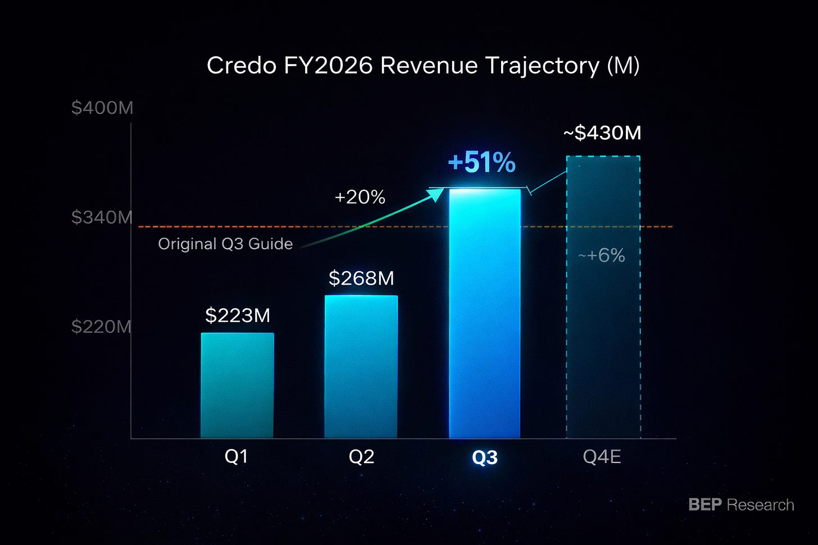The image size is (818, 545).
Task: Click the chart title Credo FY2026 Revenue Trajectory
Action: [423, 66]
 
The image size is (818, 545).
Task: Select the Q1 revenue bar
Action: [237, 385]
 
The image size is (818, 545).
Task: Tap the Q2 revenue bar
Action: [361, 367]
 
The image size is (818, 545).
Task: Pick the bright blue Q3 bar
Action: [485, 313]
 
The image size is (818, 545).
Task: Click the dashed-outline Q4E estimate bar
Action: [603, 297]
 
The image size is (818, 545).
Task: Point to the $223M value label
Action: [237, 315]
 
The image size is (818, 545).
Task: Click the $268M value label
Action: [361, 278]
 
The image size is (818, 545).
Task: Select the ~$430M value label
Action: [602, 132]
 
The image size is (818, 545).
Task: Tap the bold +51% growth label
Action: [481, 162]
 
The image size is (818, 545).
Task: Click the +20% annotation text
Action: [360, 198]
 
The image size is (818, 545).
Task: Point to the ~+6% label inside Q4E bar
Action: [602, 255]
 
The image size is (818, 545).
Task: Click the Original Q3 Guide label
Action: [225, 244]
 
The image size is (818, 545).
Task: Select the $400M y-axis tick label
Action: [102, 108]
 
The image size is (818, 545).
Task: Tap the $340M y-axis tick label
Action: [102, 217]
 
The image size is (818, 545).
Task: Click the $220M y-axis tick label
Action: [101, 327]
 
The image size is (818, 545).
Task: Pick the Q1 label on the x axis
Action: [237, 456]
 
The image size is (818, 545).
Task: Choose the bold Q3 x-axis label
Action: [485, 457]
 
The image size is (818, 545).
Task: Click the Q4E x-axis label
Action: [602, 456]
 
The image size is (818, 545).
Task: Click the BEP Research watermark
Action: [742, 505]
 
